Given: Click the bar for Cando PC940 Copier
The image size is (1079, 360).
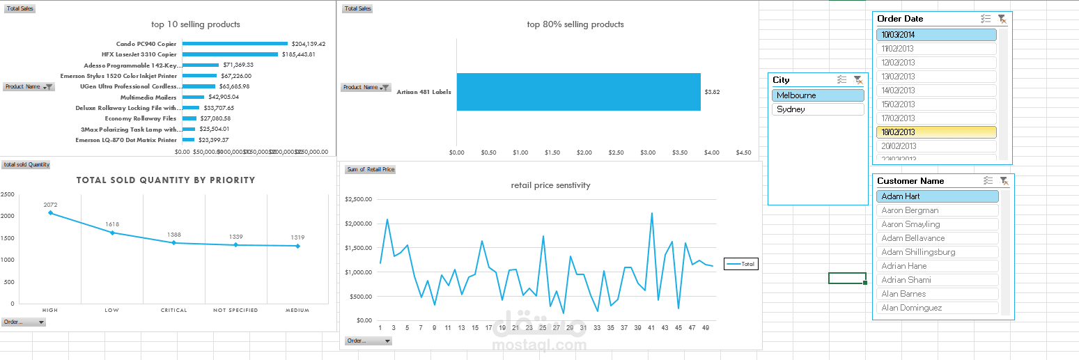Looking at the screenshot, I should [234, 44].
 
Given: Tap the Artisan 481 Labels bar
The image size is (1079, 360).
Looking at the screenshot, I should [578, 92].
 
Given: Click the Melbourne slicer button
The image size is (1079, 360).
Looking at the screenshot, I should [818, 95].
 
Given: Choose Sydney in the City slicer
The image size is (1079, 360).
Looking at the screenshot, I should [818, 109].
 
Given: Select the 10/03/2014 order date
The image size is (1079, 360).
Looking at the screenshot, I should [936, 35].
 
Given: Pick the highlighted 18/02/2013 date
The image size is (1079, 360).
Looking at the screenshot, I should [936, 132].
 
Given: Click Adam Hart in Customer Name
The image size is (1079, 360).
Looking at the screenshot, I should [937, 196].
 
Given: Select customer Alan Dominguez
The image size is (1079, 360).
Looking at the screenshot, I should [937, 308].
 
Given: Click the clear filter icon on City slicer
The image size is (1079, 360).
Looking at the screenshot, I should [858, 80].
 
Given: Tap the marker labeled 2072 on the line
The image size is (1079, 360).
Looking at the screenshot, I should [50, 213].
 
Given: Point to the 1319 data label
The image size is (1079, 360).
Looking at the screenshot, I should [297, 237].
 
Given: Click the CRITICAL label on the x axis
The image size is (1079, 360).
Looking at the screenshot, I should [173, 310].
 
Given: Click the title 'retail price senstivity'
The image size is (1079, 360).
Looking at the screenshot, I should [550, 185].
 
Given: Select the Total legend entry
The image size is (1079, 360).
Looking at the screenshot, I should [741, 264].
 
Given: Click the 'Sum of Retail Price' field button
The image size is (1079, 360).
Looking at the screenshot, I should [370, 169].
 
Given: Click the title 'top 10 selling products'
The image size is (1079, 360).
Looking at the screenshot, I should [196, 24].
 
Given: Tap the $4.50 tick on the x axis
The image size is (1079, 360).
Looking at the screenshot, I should [743, 152].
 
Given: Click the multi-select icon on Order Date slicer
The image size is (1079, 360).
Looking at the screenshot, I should [985, 19].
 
